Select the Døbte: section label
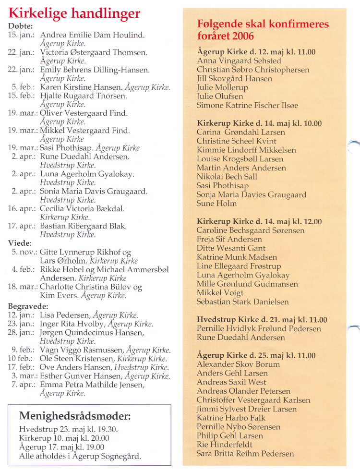(21, 26)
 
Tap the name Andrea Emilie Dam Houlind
(92, 35)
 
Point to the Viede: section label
(20, 243)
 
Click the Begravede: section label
(28, 306)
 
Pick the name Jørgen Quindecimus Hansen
(92, 333)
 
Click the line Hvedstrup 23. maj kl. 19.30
(68, 430)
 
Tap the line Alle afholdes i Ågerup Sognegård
(80, 456)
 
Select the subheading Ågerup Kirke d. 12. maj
(256, 52)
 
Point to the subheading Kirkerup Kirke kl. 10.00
(259, 123)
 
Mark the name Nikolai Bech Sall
(227, 177)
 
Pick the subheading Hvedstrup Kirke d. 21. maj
(262, 320)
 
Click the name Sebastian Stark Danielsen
(243, 302)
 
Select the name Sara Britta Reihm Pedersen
(245, 453)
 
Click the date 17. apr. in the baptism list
(21, 226)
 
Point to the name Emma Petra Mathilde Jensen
(92, 385)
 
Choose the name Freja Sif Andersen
(229, 239)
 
